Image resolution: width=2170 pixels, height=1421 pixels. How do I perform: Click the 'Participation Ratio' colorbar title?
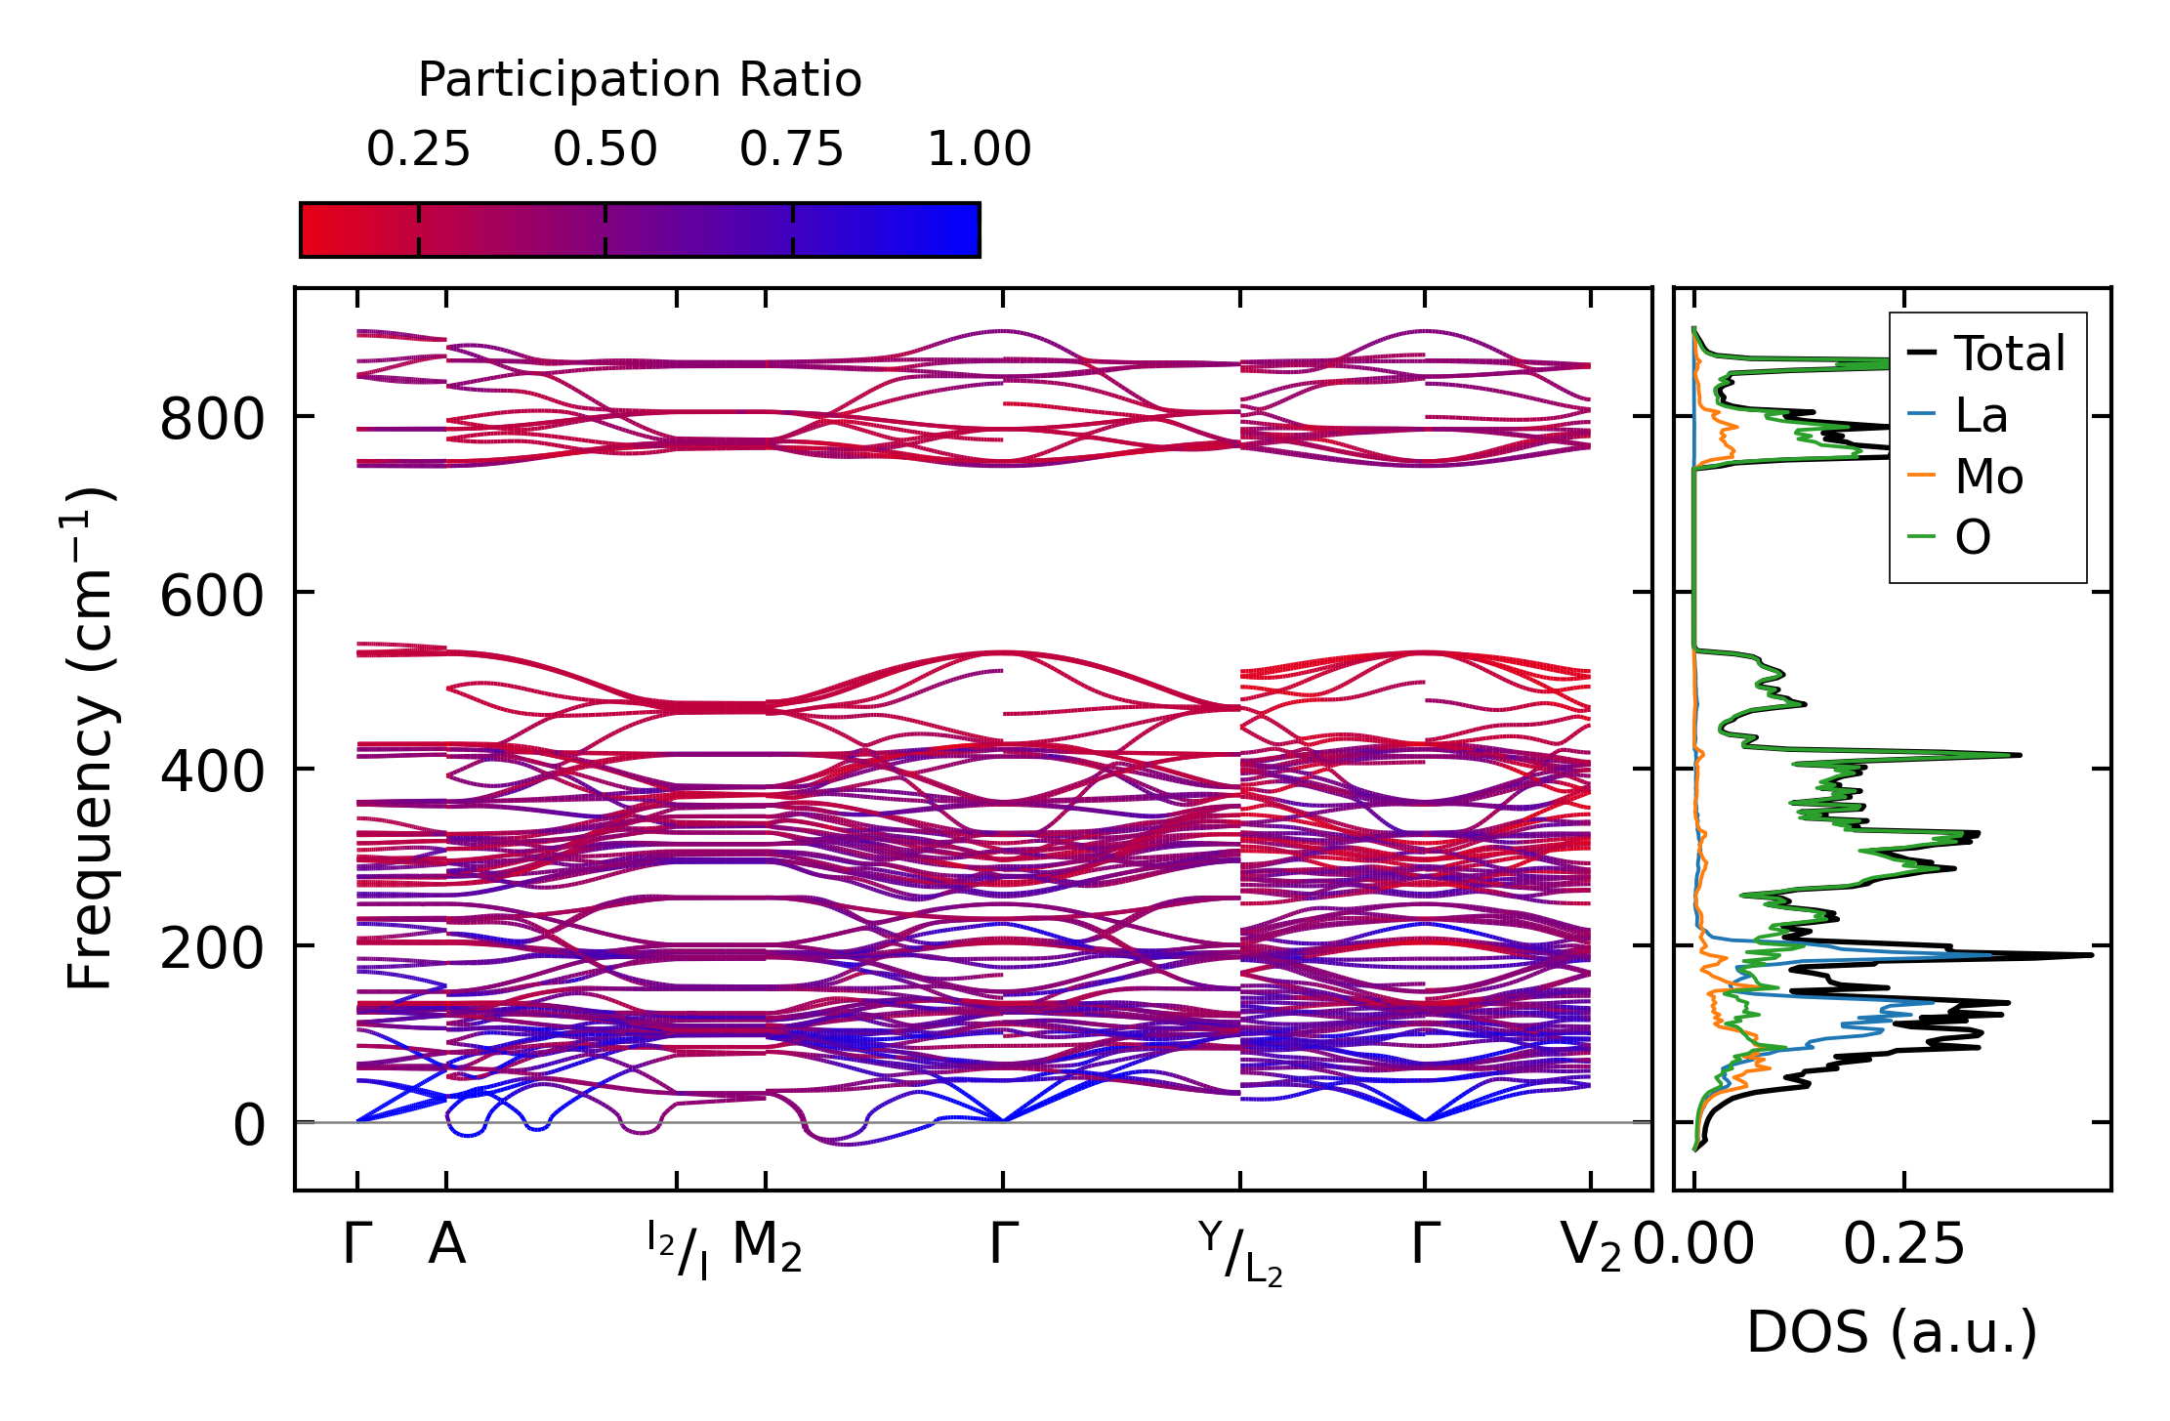coord(640,80)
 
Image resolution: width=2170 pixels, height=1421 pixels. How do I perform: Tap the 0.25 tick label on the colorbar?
coord(418,149)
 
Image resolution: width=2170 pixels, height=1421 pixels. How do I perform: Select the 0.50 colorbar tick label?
coord(605,149)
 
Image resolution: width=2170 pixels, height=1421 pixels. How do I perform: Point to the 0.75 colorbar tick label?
coord(791,149)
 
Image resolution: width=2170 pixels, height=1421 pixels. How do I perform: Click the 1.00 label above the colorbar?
coord(979,149)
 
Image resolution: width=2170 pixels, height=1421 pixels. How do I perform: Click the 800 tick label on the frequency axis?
coord(212,421)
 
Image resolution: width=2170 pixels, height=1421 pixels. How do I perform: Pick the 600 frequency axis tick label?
coord(212,596)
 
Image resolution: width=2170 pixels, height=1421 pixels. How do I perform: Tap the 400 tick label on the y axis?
coord(212,772)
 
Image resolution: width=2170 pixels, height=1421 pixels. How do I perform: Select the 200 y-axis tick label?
coord(212,948)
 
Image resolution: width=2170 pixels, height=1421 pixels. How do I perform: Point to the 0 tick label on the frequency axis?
coord(249,1125)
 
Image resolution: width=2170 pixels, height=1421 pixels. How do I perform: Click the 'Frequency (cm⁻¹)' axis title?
coord(91,738)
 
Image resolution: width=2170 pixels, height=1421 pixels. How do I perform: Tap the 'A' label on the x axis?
coord(446,1245)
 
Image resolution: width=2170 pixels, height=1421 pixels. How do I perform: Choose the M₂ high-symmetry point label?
coord(767,1247)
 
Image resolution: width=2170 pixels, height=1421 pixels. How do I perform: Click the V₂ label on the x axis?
coord(1591,1247)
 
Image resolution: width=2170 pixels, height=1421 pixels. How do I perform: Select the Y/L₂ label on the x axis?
coord(1240,1252)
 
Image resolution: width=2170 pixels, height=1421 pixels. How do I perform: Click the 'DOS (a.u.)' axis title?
coord(1892,1332)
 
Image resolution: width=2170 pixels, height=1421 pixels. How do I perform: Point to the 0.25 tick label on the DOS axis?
coord(1903,1245)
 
